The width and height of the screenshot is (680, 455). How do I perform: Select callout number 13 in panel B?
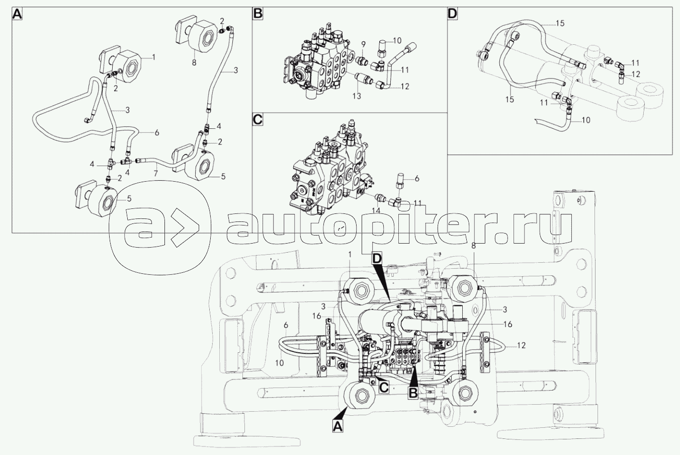(357, 96)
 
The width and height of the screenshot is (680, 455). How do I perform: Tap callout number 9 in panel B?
(363, 45)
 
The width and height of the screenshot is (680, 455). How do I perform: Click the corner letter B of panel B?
(258, 14)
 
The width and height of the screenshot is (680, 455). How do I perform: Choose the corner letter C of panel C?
(258, 120)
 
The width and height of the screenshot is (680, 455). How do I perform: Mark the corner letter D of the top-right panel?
(452, 14)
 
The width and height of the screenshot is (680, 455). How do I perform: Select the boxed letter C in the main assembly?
(384, 388)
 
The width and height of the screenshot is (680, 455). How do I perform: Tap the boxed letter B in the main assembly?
(413, 393)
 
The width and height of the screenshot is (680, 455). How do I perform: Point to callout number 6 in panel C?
(417, 179)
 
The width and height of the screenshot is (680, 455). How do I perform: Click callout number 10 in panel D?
(586, 120)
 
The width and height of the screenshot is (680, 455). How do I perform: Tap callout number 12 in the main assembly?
(521, 345)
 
